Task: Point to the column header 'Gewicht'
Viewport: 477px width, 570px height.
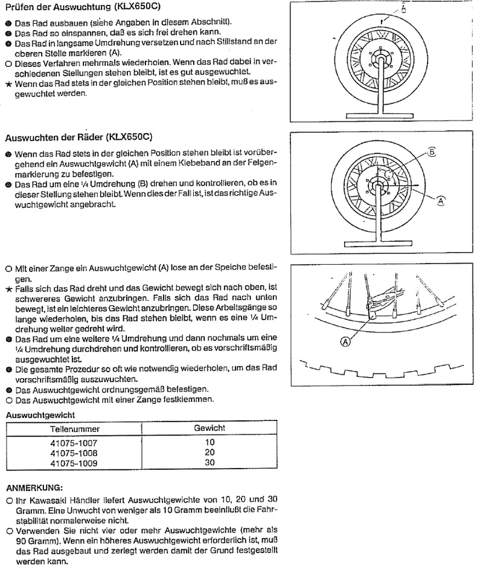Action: click(x=210, y=428)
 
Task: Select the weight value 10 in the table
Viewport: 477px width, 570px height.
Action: click(x=210, y=443)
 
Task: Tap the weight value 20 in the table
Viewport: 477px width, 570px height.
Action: click(x=210, y=452)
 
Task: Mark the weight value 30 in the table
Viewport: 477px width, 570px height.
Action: click(x=210, y=463)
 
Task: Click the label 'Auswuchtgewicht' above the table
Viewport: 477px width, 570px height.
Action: click(x=40, y=415)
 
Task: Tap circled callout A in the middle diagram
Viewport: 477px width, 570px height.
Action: click(x=441, y=201)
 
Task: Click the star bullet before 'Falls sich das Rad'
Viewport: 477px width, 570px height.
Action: click(x=8, y=290)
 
